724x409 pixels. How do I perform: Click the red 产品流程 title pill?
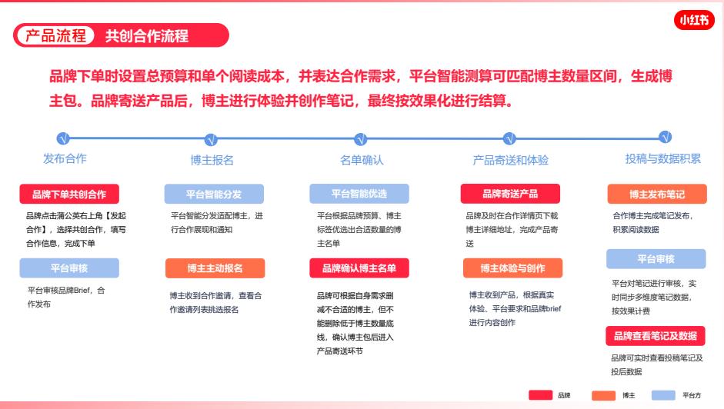click(x=56, y=35)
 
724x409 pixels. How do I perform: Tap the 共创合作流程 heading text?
click(x=147, y=35)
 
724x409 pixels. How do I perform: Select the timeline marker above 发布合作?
click(x=64, y=139)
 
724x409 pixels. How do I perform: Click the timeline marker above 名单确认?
click(x=360, y=139)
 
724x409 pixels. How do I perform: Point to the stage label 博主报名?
click(x=212, y=160)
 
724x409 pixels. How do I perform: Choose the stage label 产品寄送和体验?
click(x=510, y=160)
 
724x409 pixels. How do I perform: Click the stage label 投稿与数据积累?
click(x=662, y=158)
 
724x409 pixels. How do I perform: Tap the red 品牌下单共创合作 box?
click(x=69, y=194)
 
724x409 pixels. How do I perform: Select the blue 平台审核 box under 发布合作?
click(x=69, y=268)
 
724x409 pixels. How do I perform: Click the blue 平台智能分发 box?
click(x=214, y=194)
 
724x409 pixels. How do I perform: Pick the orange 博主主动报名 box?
click(x=215, y=268)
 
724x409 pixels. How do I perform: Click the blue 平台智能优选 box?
click(x=359, y=194)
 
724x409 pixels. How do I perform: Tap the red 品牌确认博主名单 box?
click(x=359, y=268)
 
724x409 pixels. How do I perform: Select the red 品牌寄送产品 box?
click(x=510, y=194)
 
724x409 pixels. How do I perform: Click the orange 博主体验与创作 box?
click(x=512, y=268)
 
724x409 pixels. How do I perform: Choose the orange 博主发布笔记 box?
click(x=656, y=194)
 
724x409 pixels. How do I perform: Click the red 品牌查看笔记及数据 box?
click(x=656, y=336)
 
